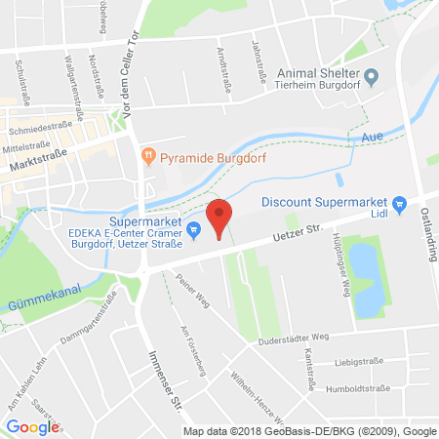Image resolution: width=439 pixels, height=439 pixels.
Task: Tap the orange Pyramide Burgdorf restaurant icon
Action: point(148,154)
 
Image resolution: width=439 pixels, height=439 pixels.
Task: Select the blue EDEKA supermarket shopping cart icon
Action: point(193,230)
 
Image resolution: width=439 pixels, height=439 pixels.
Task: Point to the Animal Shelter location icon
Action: point(371,75)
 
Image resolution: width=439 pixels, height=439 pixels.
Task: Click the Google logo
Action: point(33,426)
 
